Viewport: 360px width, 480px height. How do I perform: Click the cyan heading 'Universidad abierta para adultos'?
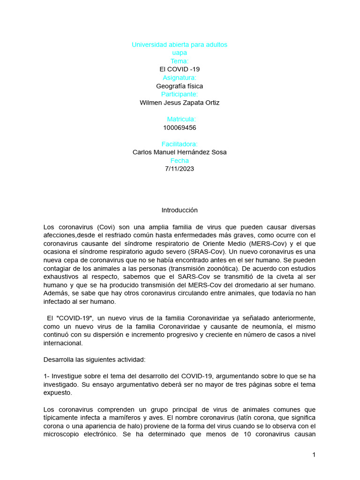pos(180,45)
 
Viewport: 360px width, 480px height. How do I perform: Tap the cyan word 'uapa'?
pos(180,53)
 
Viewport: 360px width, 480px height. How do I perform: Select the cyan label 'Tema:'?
pos(180,61)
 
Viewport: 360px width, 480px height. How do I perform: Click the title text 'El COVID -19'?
pos(180,69)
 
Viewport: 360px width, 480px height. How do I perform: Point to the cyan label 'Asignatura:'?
pos(180,78)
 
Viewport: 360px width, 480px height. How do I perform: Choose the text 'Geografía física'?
pos(180,86)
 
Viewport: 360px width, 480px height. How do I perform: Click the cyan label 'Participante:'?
pos(180,94)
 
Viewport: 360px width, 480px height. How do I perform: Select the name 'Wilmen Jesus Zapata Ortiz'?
pos(180,103)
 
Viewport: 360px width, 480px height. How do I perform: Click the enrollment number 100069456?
pos(180,127)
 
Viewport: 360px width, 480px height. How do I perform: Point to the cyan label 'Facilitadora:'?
pos(180,144)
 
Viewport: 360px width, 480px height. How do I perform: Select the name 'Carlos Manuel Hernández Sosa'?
pos(180,152)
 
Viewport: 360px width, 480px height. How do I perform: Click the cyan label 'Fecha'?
pos(180,161)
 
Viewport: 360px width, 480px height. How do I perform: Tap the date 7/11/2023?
pos(180,169)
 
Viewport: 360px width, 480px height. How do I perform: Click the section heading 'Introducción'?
pos(180,210)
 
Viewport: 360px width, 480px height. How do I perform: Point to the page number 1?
pos(314,455)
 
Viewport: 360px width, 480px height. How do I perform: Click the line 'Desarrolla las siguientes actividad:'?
pos(95,360)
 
